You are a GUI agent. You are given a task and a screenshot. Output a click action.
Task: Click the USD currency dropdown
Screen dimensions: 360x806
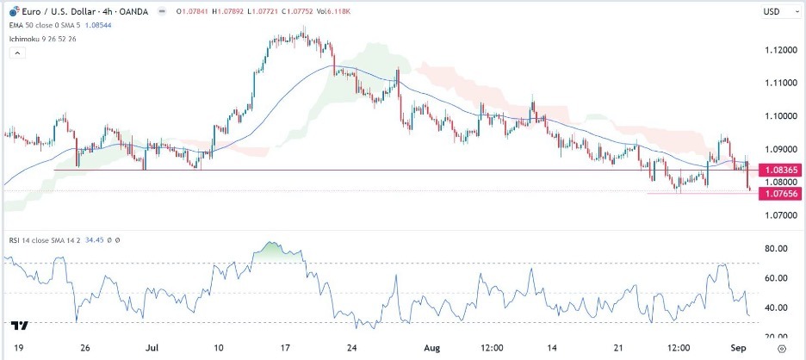773,12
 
